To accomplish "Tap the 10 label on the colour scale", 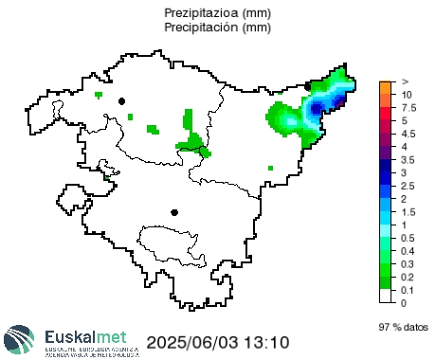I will tap(406, 96).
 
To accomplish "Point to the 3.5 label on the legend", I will tap(408, 160).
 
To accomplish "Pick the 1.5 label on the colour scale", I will tap(408, 211).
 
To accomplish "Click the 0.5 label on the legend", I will tap(408, 238).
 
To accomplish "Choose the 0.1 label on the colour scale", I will tap(408, 289).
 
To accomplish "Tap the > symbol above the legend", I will tap(405, 82).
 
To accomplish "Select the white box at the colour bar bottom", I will tap(385, 296).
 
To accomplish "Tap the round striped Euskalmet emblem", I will tap(22, 340).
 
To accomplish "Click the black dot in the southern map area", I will tap(173, 212).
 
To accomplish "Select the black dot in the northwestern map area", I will tap(121, 100).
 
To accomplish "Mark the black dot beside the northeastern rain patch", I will tap(308, 86).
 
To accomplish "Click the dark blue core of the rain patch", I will tap(318, 108).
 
